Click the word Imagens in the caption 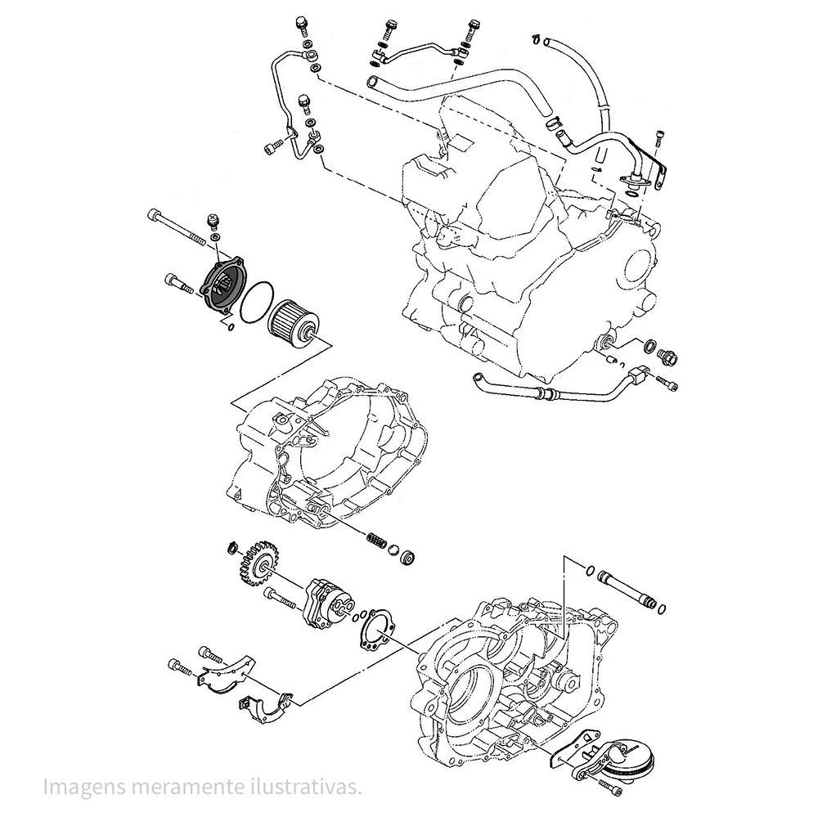pos(78,787)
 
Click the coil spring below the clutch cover pos(375,541)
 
